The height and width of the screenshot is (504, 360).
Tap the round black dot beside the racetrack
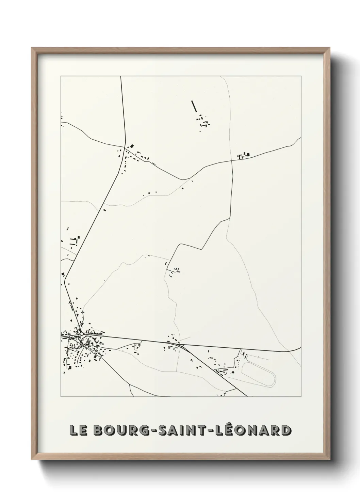tap(233, 373)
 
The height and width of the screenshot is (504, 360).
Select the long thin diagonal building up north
tap(194, 106)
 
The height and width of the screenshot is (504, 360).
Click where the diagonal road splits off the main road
tap(183, 345)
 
